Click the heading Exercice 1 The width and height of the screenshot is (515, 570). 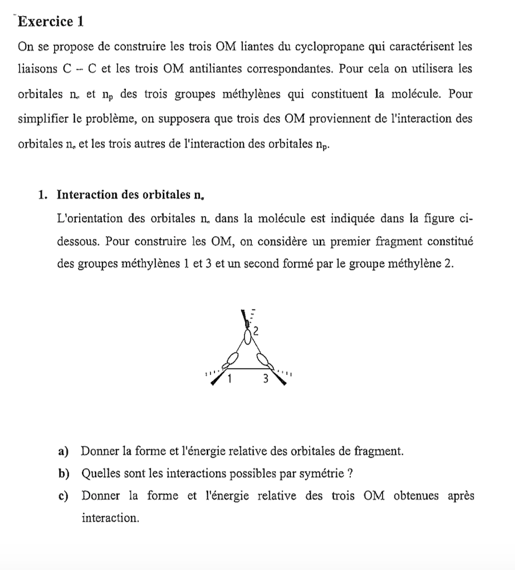click(51, 22)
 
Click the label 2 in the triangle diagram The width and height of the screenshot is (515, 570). click(256, 331)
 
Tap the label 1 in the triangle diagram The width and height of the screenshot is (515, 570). click(230, 379)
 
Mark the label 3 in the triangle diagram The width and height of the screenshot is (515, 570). click(266, 379)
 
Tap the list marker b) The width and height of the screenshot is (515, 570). click(64, 473)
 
